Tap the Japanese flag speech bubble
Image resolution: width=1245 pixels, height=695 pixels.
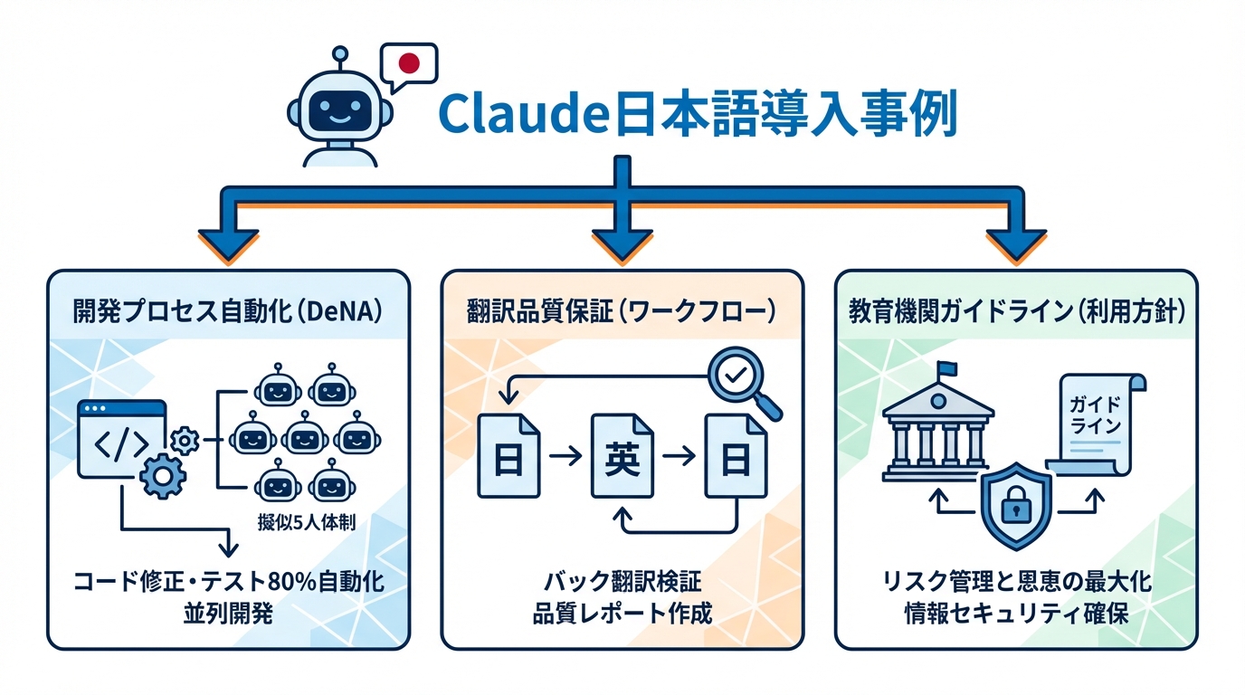coord(408,64)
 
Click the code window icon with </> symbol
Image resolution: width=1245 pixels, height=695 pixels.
coord(123,439)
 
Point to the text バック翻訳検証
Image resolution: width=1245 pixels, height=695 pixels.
coord(622,582)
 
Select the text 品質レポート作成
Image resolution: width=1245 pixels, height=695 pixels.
coord(622,614)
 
